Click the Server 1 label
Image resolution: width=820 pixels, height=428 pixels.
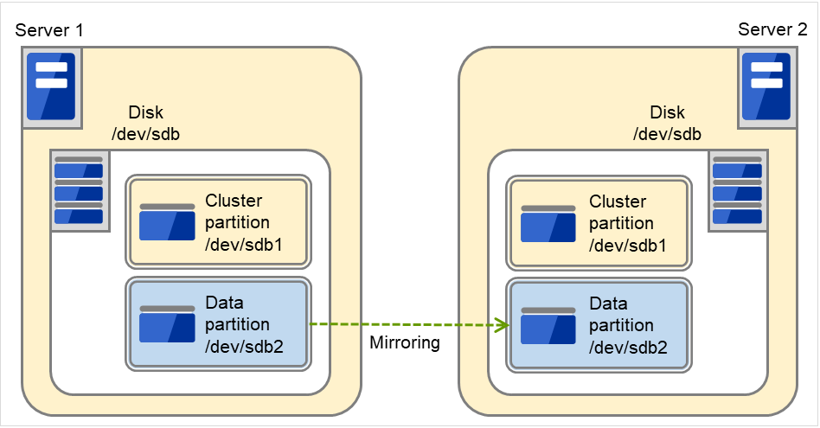coord(49,31)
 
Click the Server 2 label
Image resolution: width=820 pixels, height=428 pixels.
coord(772,30)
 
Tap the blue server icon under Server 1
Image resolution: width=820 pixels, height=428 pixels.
coord(51,86)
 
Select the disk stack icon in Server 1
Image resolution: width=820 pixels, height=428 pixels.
coord(79,191)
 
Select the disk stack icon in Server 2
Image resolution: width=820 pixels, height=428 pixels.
coord(736,191)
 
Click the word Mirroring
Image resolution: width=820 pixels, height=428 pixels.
coord(405,342)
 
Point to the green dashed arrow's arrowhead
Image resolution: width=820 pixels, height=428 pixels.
coord(500,326)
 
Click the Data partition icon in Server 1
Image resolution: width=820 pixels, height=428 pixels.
coord(167,323)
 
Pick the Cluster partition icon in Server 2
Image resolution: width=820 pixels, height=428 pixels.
coord(548,223)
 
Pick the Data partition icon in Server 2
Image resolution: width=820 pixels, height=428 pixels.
coord(548,325)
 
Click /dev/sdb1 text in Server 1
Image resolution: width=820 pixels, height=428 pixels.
coord(245,245)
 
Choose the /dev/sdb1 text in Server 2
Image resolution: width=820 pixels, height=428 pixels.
coord(628,246)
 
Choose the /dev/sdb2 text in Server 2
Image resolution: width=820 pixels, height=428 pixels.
coord(628,348)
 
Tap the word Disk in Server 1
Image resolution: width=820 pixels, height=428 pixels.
coord(145,112)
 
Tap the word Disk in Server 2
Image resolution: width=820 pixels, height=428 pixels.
coord(667,112)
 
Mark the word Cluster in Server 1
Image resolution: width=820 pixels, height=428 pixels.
coord(234,201)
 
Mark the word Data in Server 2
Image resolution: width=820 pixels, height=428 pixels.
coord(608,303)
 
